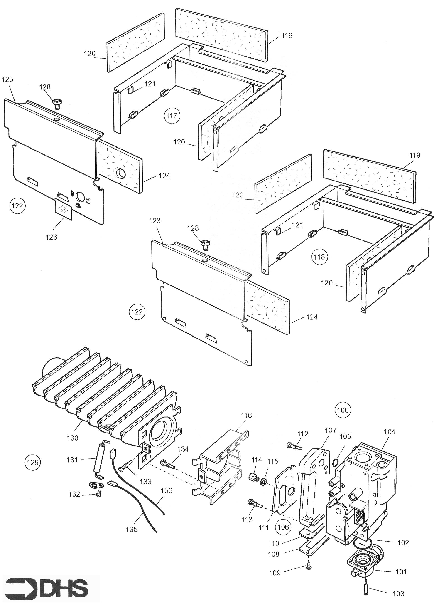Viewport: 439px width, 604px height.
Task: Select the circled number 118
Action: (319, 257)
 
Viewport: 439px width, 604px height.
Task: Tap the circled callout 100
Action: (343, 410)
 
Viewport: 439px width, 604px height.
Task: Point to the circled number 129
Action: (33, 463)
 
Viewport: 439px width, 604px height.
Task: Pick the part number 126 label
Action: (51, 237)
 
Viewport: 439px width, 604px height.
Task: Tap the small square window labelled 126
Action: (63, 209)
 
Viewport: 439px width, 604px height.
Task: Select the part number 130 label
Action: (72, 438)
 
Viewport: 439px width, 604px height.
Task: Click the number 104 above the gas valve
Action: (390, 432)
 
